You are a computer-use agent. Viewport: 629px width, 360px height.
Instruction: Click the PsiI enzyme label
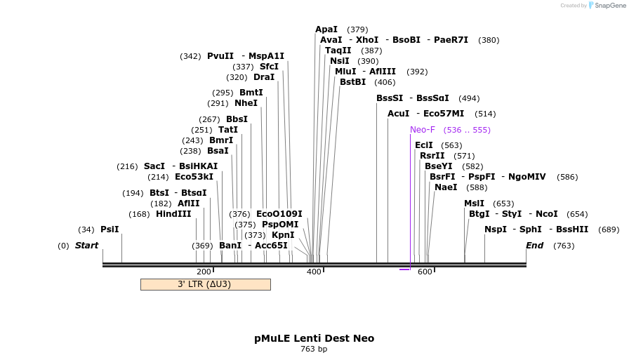click(110, 229)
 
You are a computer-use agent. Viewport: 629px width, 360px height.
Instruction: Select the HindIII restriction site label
click(173, 214)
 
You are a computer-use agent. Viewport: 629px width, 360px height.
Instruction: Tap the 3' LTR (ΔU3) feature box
click(205, 284)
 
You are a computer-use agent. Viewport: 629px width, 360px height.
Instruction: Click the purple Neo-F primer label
click(423, 130)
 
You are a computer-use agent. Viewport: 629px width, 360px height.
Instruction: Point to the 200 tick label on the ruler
click(204, 272)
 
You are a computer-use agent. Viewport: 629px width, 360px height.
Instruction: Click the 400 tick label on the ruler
click(314, 272)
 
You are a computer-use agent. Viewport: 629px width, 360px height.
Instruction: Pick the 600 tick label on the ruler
click(425, 272)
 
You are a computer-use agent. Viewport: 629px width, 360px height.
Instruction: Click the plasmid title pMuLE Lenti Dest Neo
click(314, 338)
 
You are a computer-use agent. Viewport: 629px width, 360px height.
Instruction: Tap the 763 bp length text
click(314, 349)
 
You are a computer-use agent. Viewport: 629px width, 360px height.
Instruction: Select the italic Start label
click(86, 246)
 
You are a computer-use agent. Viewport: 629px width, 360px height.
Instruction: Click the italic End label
click(534, 246)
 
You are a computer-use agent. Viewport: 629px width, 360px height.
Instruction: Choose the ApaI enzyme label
click(326, 29)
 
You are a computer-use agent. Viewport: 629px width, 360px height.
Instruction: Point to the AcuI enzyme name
click(398, 114)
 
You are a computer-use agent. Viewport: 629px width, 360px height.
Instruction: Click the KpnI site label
click(283, 235)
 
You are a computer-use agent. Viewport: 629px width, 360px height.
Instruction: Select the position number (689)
click(609, 229)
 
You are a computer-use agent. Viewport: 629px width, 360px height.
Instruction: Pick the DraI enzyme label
click(264, 77)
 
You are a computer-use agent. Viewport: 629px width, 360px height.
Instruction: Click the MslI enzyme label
click(474, 204)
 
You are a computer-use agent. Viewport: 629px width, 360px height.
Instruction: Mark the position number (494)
click(469, 98)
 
